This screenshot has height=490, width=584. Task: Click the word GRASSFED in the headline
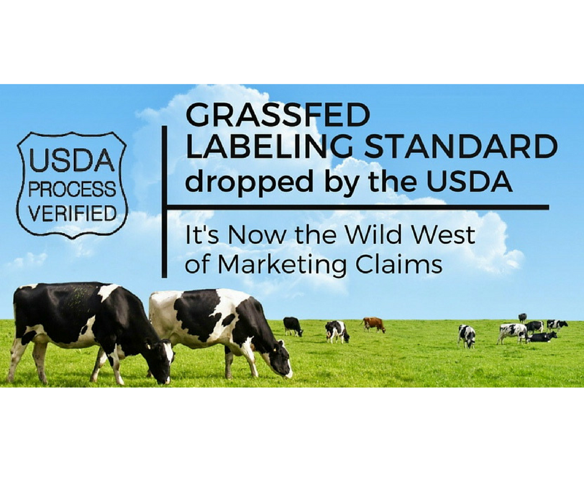[x=278, y=115]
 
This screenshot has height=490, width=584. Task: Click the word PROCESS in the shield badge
[x=72, y=190]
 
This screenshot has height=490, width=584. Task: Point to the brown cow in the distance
[x=373, y=325]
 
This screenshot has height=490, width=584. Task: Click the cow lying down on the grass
[x=542, y=337]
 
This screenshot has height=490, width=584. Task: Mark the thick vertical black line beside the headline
[x=164, y=201]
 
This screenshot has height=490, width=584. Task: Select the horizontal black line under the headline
[x=358, y=207]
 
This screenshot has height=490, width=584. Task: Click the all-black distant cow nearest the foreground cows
[x=293, y=326]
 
